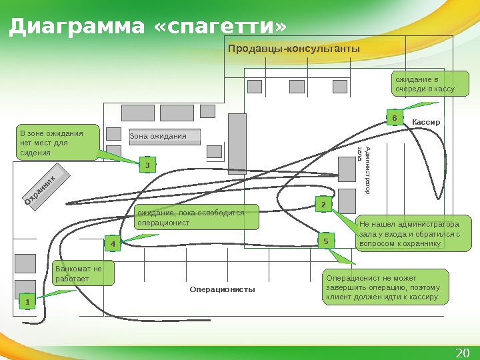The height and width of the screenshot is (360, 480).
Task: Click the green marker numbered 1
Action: [27, 303]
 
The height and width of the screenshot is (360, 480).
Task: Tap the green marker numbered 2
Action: [323, 205]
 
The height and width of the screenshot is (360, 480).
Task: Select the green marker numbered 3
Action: [147, 164]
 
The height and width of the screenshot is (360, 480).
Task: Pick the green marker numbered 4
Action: [113, 245]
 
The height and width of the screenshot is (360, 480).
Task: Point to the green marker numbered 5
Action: [326, 241]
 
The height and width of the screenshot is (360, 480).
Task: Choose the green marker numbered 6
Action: [394, 118]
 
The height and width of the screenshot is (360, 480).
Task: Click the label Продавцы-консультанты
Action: [293, 49]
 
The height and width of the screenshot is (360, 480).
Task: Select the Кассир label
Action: [427, 123]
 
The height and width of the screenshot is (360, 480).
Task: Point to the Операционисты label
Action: [222, 290]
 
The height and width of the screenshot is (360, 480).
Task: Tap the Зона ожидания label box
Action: [163, 137]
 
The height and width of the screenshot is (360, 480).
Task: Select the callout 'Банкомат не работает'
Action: [83, 273]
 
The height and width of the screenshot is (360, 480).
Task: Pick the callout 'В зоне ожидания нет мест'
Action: [57, 143]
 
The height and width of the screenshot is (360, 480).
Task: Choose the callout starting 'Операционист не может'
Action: [386, 287]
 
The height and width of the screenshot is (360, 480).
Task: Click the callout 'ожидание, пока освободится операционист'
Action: [196, 217]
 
